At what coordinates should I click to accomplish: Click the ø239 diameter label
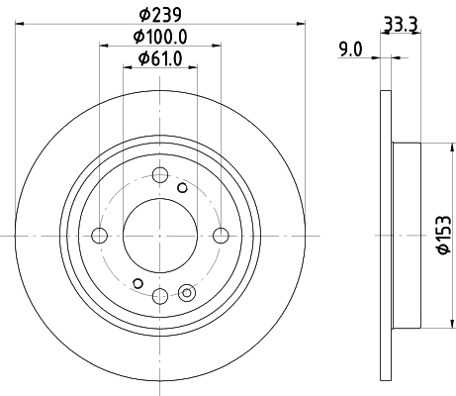click(x=159, y=14)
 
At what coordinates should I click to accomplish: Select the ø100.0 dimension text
click(x=159, y=37)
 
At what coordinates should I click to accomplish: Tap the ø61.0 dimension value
click(x=159, y=58)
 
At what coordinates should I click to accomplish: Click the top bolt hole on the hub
click(x=159, y=176)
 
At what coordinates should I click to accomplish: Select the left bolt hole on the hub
click(x=99, y=236)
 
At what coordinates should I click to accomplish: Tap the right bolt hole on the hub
click(x=220, y=236)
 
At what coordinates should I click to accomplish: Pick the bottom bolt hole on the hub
click(x=159, y=295)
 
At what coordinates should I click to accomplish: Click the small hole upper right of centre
click(x=182, y=186)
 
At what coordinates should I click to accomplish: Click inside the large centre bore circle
click(x=159, y=236)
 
